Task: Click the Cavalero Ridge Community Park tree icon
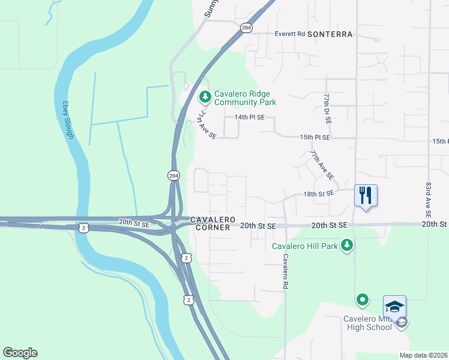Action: (x=205, y=97)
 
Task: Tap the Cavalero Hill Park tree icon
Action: (x=346, y=245)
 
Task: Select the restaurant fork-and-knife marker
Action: (x=366, y=196)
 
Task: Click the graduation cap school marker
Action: (x=394, y=307)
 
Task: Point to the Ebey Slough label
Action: (x=68, y=120)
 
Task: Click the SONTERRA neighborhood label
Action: (x=330, y=34)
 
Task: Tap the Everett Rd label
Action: (x=290, y=34)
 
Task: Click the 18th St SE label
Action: (x=318, y=194)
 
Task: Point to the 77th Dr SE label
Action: (x=327, y=108)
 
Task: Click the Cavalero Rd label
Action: (x=286, y=272)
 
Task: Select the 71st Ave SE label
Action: (x=208, y=125)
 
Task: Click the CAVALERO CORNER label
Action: (x=211, y=224)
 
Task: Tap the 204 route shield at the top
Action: (x=246, y=28)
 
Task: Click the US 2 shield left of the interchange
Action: (x=83, y=227)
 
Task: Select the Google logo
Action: (x=20, y=353)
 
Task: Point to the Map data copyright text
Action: (x=424, y=355)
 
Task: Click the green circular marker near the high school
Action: (x=362, y=299)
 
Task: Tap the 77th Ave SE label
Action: (x=322, y=166)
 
